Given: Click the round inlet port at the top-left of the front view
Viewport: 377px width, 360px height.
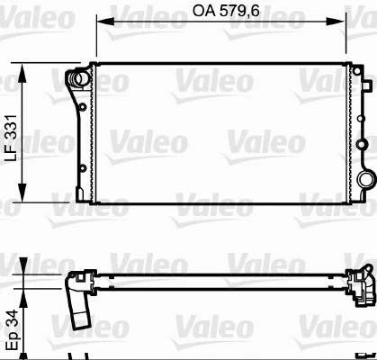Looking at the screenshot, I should (80, 78).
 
